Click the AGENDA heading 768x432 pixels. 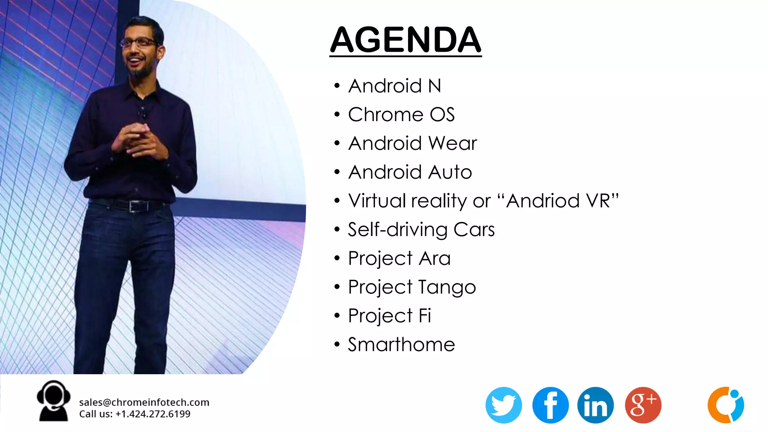[x=405, y=40]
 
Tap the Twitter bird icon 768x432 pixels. [x=503, y=405]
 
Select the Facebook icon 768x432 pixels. [x=550, y=405]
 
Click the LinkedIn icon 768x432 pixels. [x=595, y=405]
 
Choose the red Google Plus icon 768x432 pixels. [x=643, y=405]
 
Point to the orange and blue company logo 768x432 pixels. [x=726, y=405]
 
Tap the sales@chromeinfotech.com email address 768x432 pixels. [x=144, y=402]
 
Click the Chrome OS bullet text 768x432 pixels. [x=401, y=114]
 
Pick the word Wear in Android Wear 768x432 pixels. [x=453, y=143]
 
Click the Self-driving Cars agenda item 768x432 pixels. [x=421, y=229]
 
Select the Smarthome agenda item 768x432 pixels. [x=401, y=344]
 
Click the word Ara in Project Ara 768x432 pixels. [x=435, y=258]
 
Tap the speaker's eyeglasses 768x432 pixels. [x=139, y=42]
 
